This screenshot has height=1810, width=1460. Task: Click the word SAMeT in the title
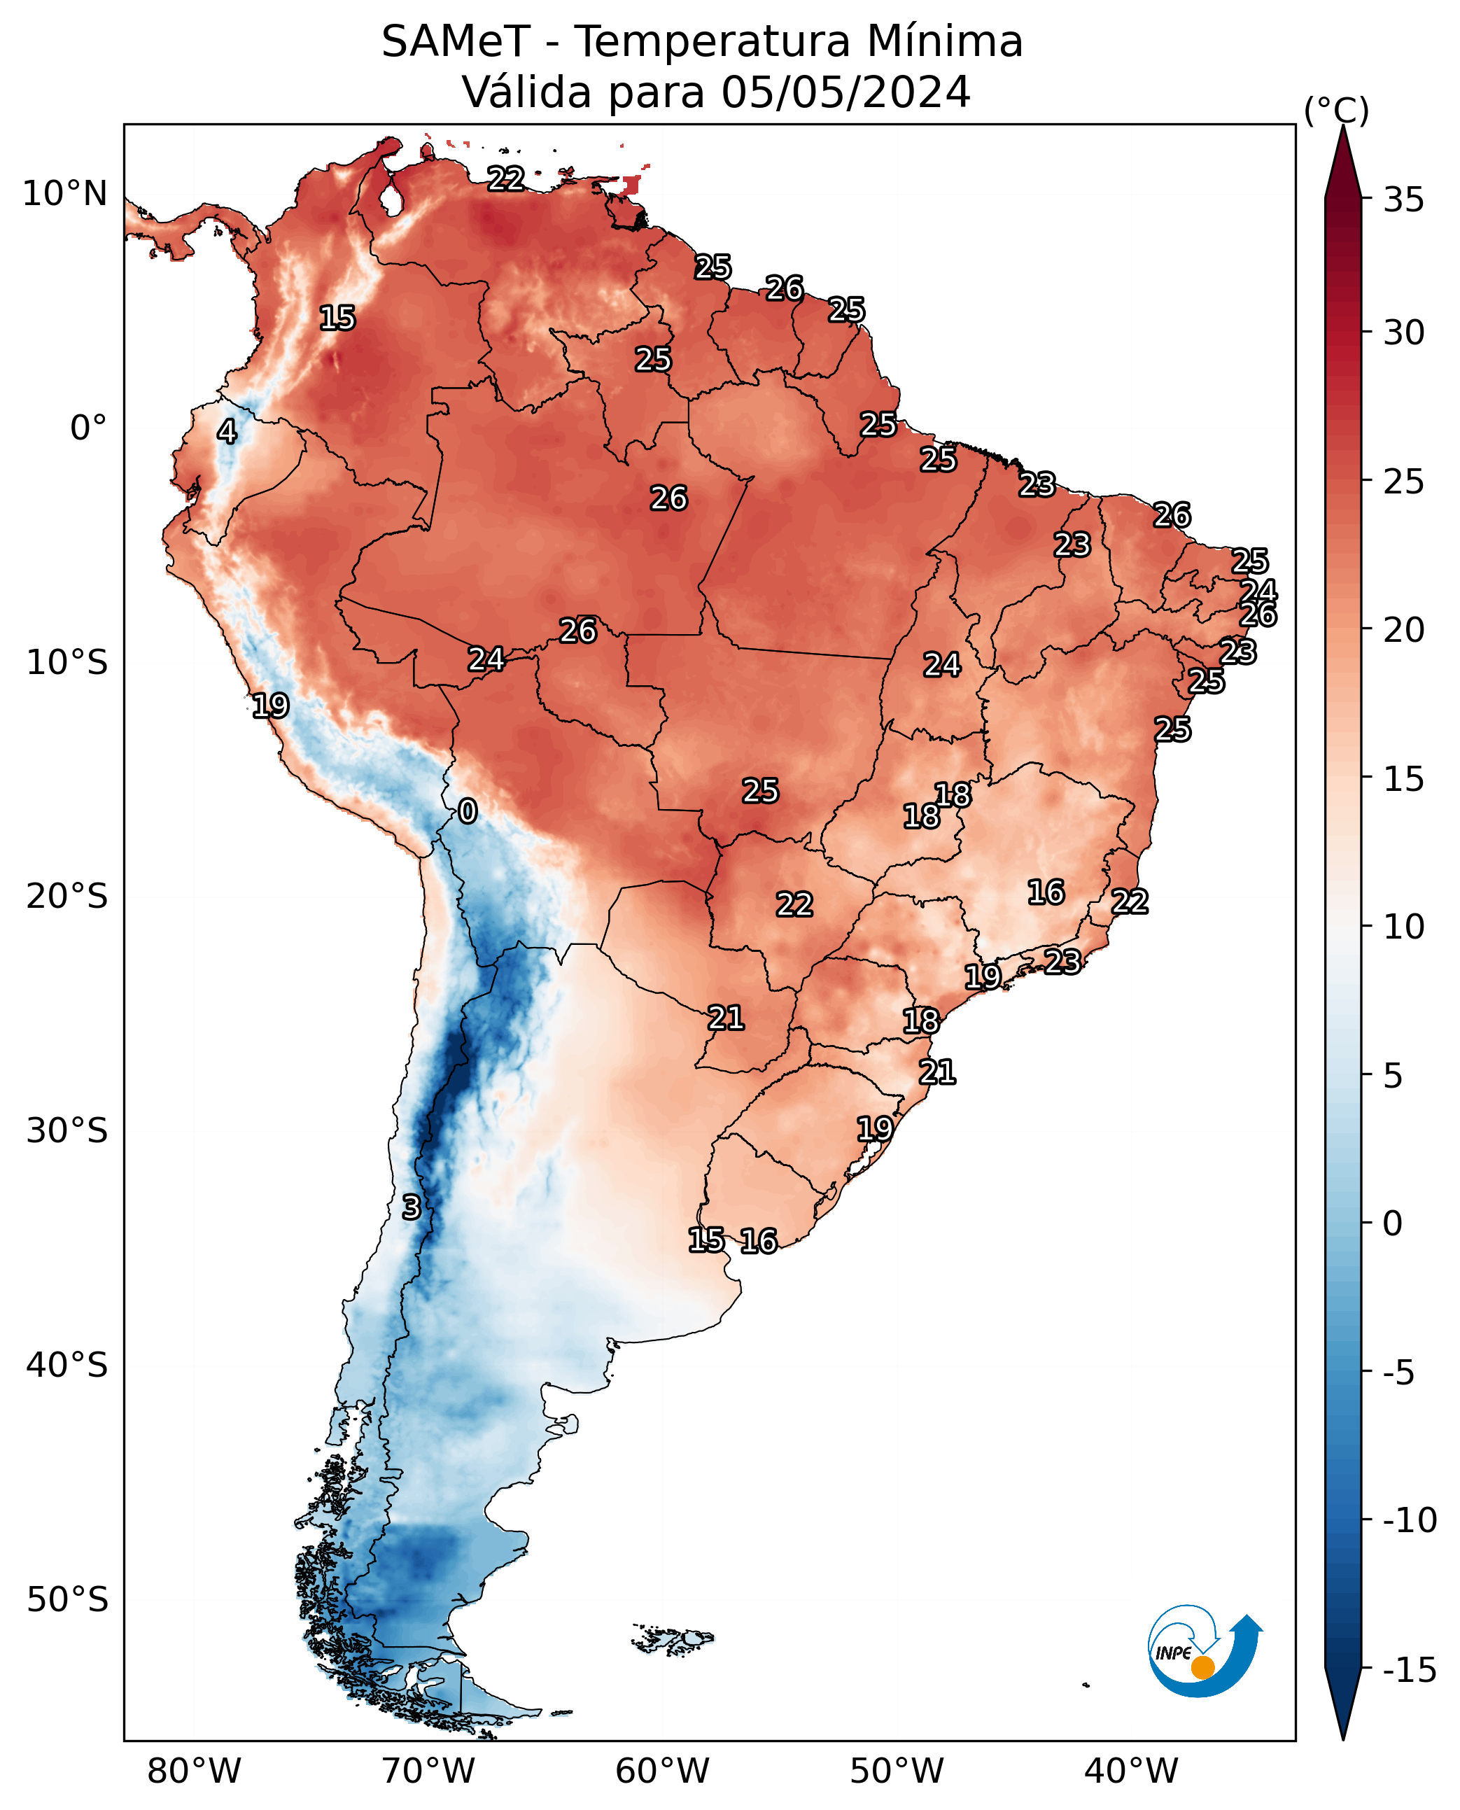click(456, 42)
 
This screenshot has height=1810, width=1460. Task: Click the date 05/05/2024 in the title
click(846, 92)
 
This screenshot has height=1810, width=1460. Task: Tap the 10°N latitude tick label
click(65, 195)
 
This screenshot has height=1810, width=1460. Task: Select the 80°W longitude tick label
click(195, 1771)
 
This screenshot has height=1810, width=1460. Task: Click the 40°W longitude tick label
click(1131, 1771)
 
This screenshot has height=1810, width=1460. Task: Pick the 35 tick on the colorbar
click(1403, 200)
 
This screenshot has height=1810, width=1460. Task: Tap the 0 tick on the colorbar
click(1393, 1223)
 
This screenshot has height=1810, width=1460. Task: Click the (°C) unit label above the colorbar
click(1336, 110)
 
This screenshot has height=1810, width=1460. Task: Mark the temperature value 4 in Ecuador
click(227, 431)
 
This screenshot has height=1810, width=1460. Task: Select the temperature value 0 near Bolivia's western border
click(468, 811)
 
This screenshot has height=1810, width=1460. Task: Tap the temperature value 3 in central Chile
click(410, 1207)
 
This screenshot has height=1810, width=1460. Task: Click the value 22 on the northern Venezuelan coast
click(506, 178)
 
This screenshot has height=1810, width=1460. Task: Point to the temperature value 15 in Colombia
click(337, 318)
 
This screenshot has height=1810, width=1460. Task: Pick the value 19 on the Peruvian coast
click(270, 705)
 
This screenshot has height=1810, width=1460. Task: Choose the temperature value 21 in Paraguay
click(726, 1018)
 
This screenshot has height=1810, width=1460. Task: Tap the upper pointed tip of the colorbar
click(1343, 126)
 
